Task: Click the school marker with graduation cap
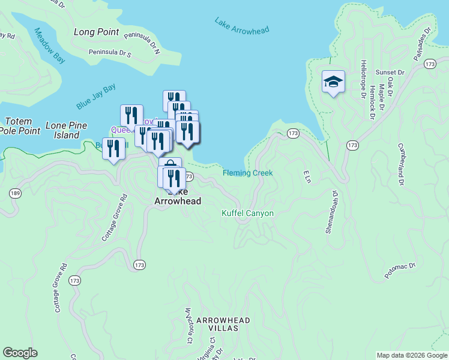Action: [333, 82]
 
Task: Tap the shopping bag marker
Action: [170, 166]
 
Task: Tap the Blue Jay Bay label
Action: [96, 97]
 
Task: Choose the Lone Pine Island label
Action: [67, 131]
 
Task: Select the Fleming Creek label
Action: [247, 173]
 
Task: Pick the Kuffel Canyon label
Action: [247, 213]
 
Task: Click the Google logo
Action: [20, 353]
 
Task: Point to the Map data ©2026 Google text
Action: [412, 355]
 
